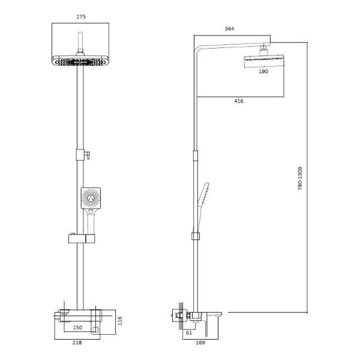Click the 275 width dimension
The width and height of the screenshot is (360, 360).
82,17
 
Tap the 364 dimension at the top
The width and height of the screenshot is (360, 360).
229,28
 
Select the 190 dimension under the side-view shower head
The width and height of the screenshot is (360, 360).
263,71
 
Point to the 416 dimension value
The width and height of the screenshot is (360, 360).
238,101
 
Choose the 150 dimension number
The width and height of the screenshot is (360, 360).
78,328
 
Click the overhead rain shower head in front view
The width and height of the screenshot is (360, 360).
82,61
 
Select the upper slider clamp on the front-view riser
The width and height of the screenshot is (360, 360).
82,155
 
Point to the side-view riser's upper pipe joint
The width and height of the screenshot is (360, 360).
194,155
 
